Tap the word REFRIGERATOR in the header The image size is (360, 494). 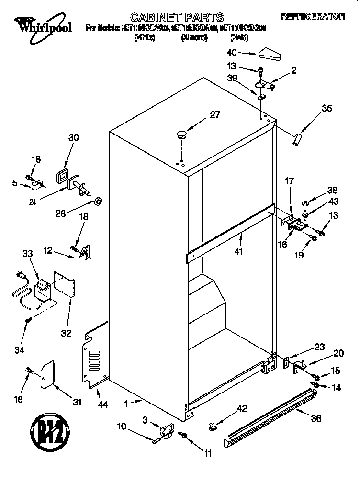coord(313,17)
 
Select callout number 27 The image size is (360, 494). coord(214,114)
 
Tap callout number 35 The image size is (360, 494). coord(326,109)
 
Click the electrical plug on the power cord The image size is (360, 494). coord(20,276)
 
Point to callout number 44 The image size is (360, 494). coord(102,404)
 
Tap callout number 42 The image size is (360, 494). coord(242,408)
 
